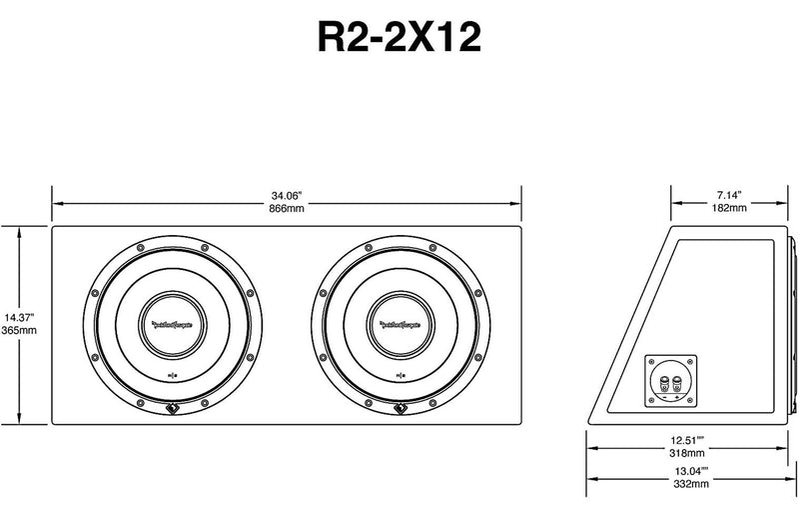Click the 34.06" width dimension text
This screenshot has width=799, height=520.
coord(287,194)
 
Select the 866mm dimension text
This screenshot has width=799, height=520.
coord(287,209)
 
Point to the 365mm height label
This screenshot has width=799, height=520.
coord(18,330)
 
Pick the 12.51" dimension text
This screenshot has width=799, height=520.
coord(685,438)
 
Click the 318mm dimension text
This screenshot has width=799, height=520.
coord(685,452)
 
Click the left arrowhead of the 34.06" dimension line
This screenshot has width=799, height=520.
coord(56,201)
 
